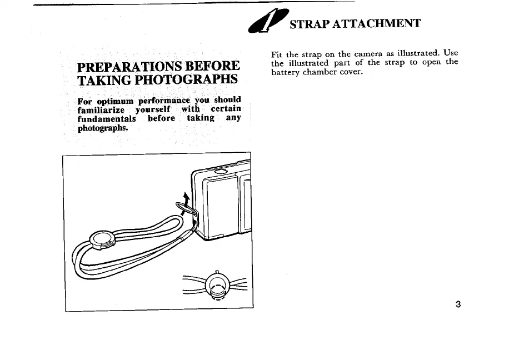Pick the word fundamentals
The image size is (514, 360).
pyautogui.click(x=107, y=118)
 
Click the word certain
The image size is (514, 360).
pyautogui.click(x=226, y=109)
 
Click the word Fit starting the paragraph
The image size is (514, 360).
pyautogui.click(x=277, y=54)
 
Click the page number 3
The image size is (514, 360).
pyautogui.click(x=457, y=304)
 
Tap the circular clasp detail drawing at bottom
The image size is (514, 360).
pyautogui.click(x=216, y=286)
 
